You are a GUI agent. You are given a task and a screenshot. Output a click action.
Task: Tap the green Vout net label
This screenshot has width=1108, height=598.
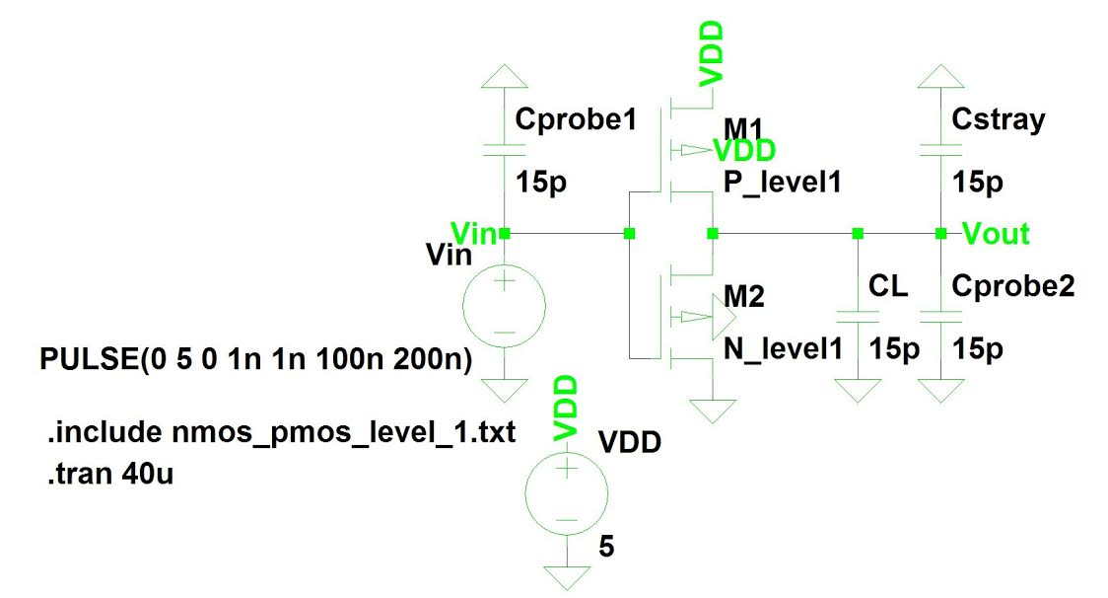tap(996, 234)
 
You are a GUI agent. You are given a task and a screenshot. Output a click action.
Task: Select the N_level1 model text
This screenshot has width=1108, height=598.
tap(785, 349)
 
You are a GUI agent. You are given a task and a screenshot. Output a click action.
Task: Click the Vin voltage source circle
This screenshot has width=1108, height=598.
tap(504, 306)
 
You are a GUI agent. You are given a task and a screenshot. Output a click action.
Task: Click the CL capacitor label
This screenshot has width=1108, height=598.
tap(887, 287)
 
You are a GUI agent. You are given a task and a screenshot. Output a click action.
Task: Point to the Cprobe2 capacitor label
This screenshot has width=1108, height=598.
tap(1013, 286)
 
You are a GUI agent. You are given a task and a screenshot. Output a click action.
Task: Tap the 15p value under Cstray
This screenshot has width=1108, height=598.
tap(978, 183)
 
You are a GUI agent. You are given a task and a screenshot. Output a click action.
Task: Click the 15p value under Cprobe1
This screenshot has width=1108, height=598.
tap(541, 183)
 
